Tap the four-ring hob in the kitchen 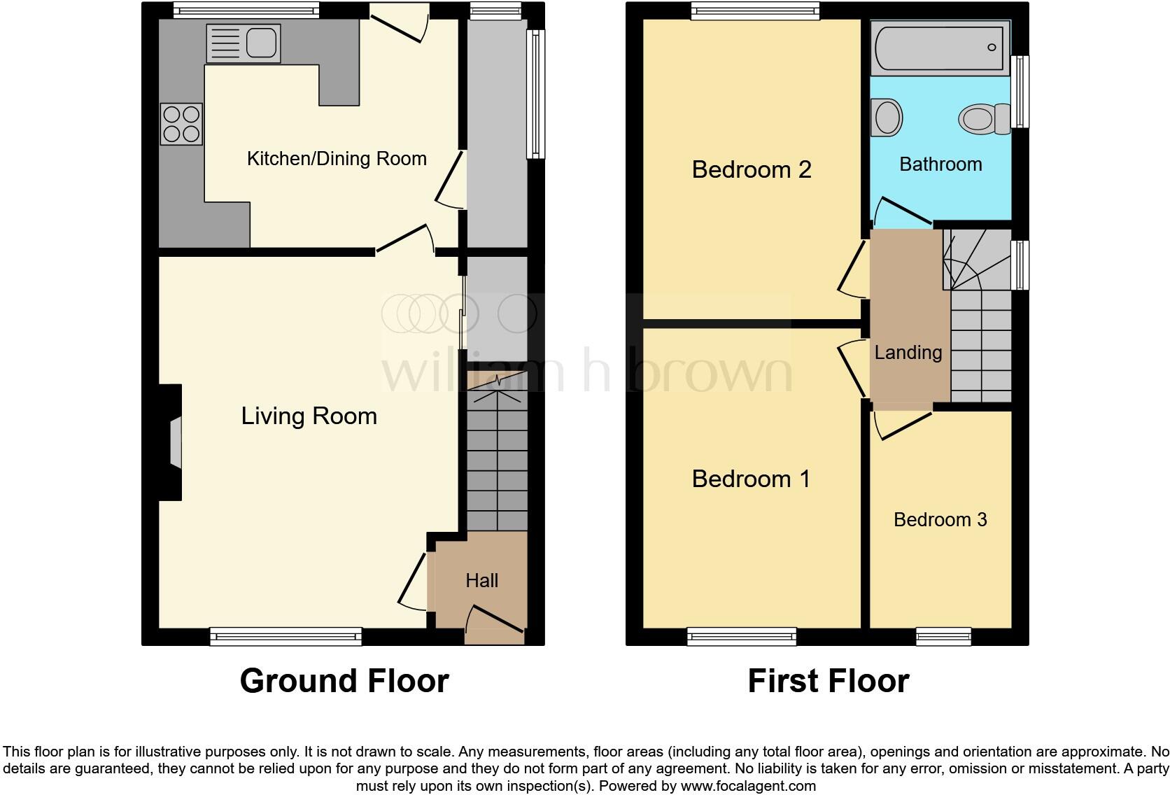click(x=181, y=124)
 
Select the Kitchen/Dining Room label click(x=337, y=159)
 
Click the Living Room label click(x=309, y=416)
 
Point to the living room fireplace click(x=172, y=442)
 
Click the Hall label click(x=481, y=580)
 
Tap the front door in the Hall click(x=494, y=625)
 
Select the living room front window click(x=286, y=636)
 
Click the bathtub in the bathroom click(x=940, y=47)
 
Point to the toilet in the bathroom click(x=985, y=119)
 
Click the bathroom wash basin click(x=887, y=116)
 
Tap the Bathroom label click(x=940, y=164)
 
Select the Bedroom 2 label click(x=751, y=169)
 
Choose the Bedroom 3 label click(x=940, y=519)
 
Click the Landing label click(x=908, y=353)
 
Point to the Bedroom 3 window click(x=943, y=636)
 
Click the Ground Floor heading click(x=344, y=681)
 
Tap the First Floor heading click(x=828, y=681)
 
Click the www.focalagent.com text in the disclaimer click(x=747, y=786)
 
